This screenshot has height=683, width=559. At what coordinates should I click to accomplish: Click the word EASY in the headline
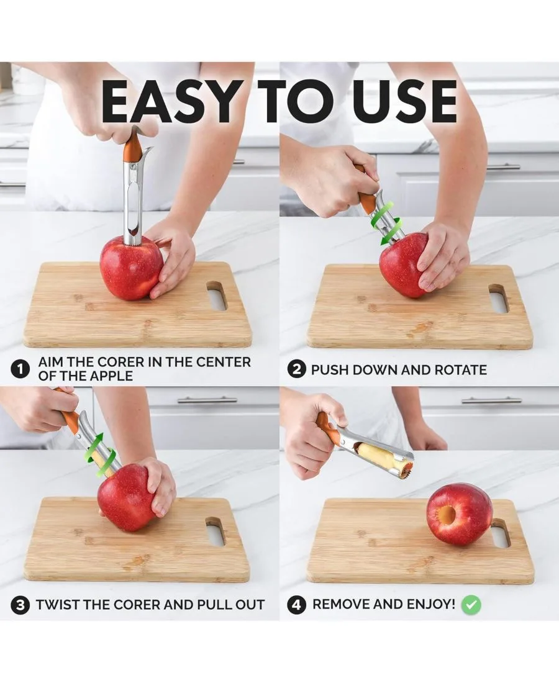170,101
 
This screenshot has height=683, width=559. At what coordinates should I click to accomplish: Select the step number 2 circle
297,369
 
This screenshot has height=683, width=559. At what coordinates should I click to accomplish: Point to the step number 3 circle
20,605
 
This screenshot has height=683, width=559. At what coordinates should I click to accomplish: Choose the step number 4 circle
297,605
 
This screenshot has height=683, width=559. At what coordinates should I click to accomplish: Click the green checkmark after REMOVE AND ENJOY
471,605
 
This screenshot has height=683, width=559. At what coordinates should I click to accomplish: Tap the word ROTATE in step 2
460,370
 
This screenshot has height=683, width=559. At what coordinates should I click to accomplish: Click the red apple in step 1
131,268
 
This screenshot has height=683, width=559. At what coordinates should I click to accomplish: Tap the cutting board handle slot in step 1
217,296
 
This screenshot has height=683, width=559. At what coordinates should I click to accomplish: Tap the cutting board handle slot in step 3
216,531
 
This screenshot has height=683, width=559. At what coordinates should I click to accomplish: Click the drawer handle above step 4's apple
491,400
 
